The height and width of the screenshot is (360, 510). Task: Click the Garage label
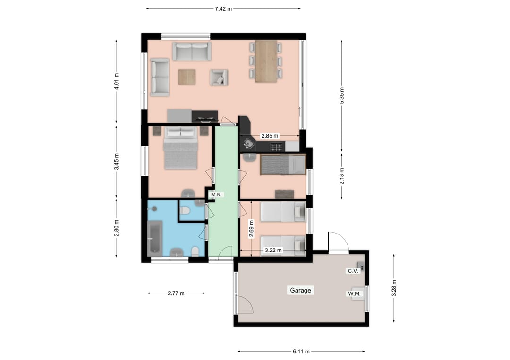tap(301, 290)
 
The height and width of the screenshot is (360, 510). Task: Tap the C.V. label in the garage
tap(353, 271)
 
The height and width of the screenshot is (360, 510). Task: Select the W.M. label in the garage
tap(354, 294)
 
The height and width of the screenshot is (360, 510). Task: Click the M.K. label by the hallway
tap(217, 194)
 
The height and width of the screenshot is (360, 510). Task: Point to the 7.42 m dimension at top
tap(223, 8)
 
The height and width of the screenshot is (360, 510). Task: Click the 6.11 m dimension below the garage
tap(301, 351)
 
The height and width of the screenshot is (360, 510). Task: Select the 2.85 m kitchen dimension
tap(270, 136)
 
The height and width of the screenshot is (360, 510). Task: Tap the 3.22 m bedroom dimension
tap(273, 250)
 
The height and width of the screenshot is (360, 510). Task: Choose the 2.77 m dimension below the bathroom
tap(176, 293)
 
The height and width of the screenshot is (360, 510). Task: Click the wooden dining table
tap(266, 61)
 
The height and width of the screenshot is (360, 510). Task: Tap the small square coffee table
tap(187, 77)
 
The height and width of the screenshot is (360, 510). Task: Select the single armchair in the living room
tap(219, 77)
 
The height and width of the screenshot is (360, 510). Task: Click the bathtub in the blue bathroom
tap(155, 238)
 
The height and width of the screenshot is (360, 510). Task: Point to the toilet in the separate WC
tap(186, 210)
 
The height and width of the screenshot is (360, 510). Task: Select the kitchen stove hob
tap(276, 147)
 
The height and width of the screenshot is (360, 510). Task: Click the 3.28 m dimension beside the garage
tap(394, 288)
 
